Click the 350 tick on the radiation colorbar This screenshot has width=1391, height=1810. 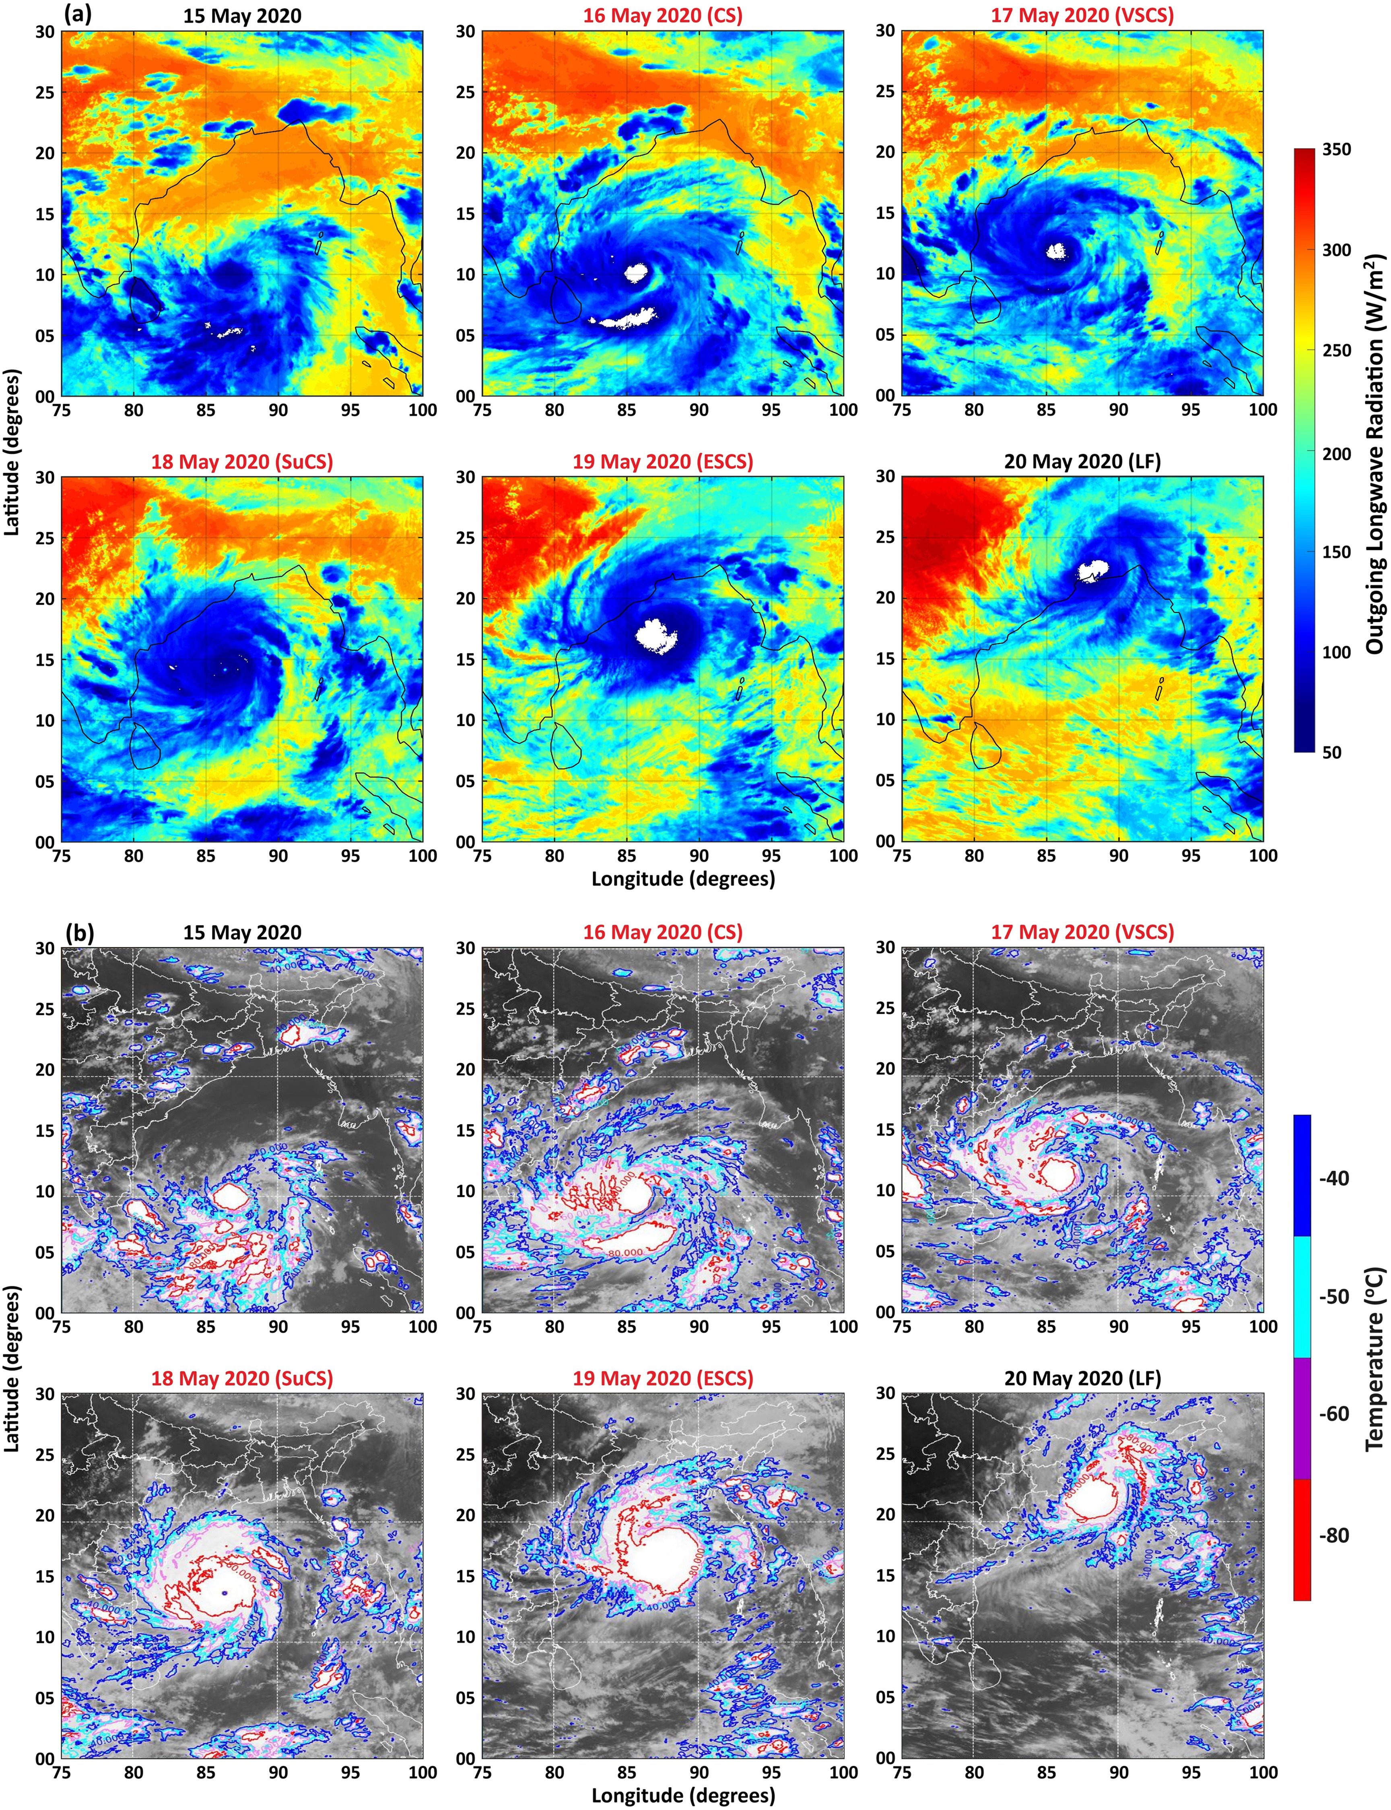[1335, 150]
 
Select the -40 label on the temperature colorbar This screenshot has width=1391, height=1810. [1333, 1178]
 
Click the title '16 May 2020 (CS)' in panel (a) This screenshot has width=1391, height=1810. [662, 16]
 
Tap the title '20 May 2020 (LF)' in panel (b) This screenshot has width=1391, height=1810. [1082, 1378]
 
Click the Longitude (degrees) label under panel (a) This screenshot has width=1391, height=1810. [683, 879]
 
